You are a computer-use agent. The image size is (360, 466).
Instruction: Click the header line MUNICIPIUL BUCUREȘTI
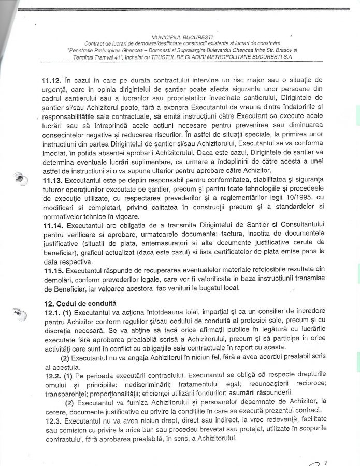[x=180, y=37]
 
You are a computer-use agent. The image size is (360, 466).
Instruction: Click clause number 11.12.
[x=52, y=80]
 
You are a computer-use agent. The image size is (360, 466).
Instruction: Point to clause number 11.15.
[x=52, y=270]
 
